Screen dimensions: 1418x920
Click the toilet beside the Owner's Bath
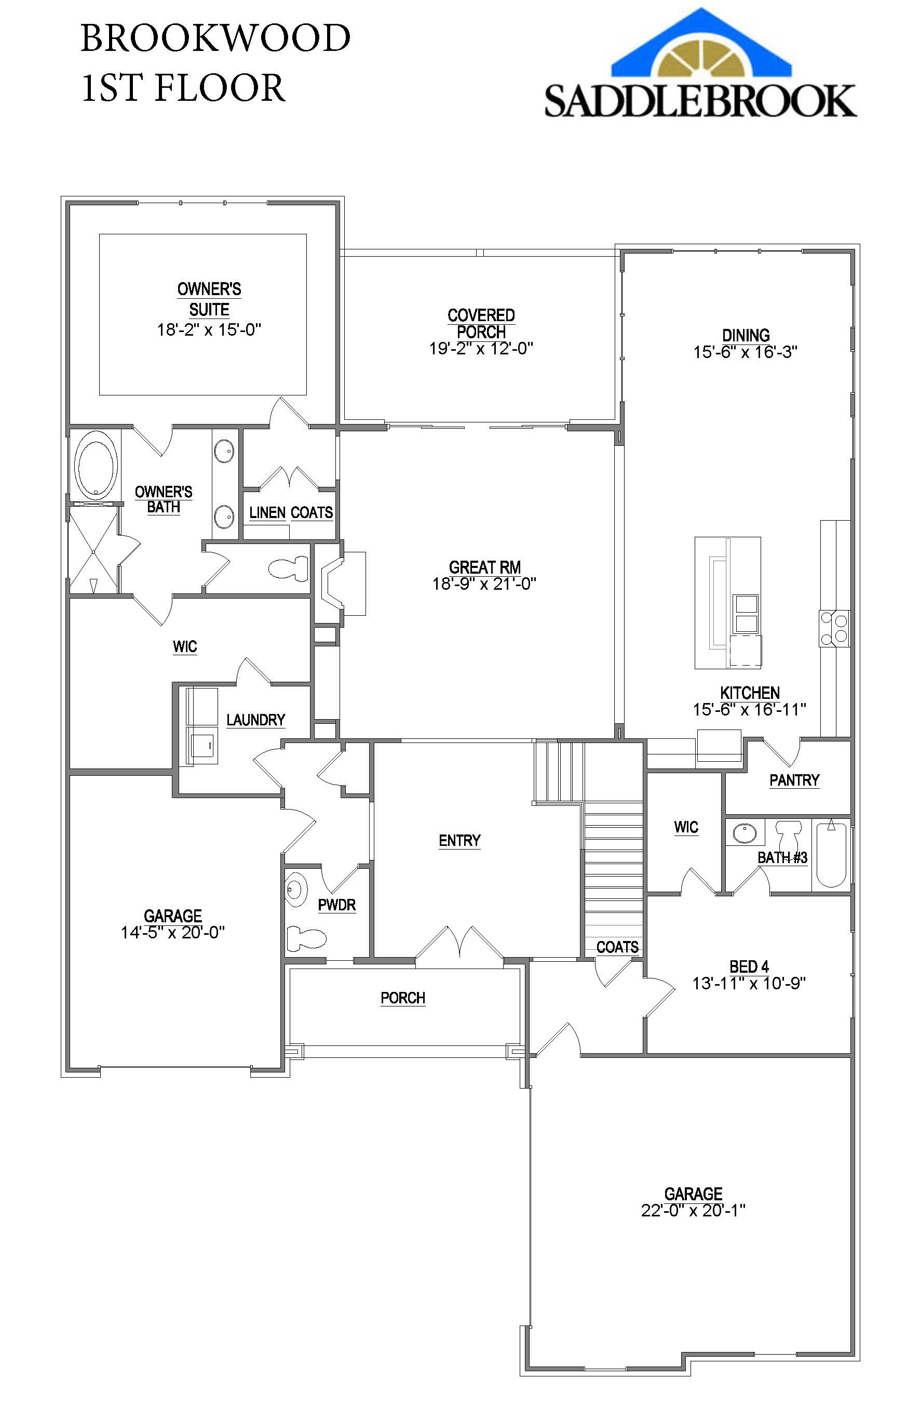pos(289,568)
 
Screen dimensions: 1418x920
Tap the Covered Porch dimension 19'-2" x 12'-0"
pos(481,349)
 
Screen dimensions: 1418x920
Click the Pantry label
pos(794,780)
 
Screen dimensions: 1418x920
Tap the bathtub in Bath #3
pos(831,854)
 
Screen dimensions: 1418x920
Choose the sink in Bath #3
pos(745,833)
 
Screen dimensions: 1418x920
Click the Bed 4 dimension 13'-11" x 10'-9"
pos(749,983)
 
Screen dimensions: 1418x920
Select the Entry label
pos(459,840)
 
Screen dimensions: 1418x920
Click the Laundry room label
pos(255,720)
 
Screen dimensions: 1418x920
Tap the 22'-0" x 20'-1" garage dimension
pos(693,1211)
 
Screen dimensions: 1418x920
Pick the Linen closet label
pos(267,512)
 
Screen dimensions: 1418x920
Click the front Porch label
pos(402,998)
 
